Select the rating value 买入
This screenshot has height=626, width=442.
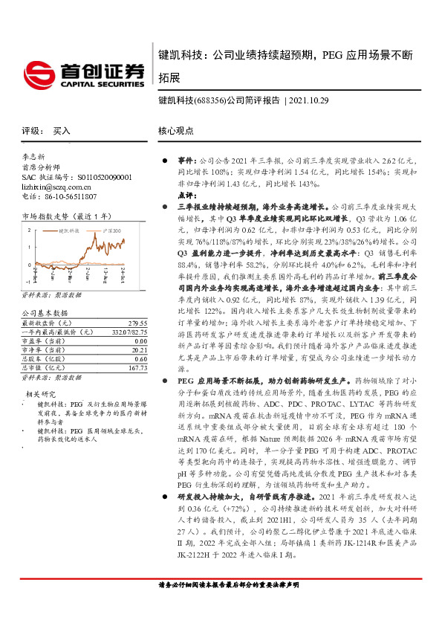coord(62,130)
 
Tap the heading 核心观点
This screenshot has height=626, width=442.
coord(173,130)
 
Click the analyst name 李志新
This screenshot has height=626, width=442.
coord(33,158)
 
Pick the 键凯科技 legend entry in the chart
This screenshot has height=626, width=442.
coord(68,231)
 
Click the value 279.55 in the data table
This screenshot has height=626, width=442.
coord(138,303)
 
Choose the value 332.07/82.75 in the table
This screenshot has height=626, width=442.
coord(129,312)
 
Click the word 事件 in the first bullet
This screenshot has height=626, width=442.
coord(184,161)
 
